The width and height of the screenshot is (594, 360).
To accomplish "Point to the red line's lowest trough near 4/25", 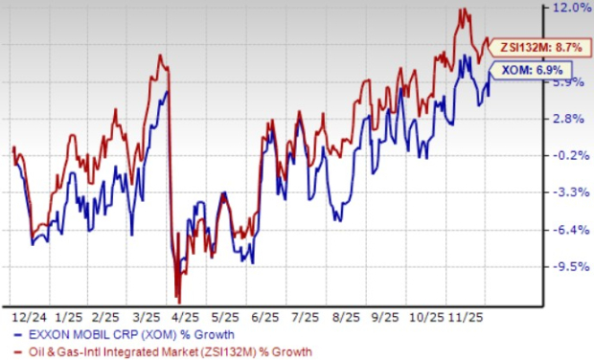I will click(178, 301).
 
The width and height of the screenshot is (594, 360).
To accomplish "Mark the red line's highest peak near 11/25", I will click(464, 11).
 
